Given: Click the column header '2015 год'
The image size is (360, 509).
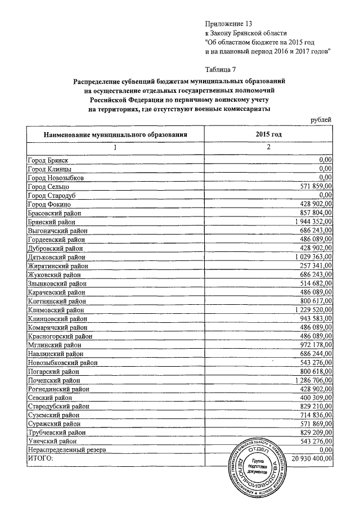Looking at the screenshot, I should click(x=268, y=134).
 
